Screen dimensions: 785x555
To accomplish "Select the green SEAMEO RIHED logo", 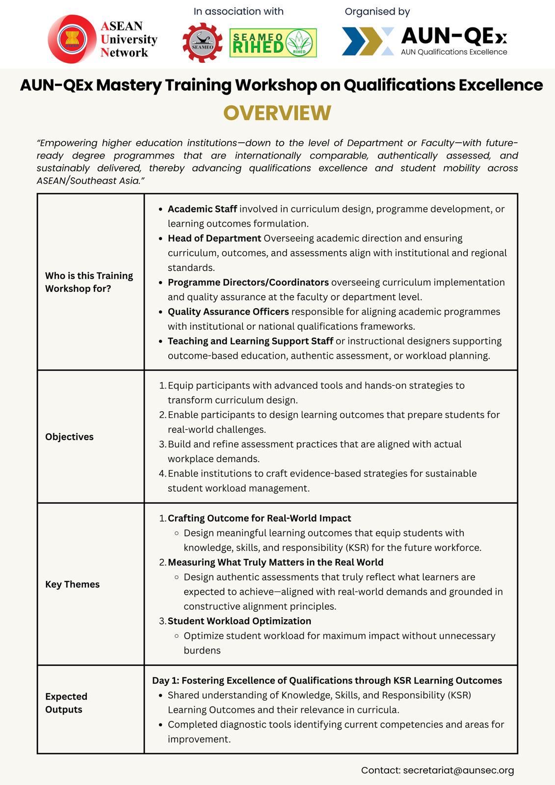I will click(273, 43).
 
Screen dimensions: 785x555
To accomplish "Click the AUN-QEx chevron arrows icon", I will click(368, 41).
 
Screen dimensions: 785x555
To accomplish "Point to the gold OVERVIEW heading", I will click(277, 113).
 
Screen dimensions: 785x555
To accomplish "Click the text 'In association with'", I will click(238, 11).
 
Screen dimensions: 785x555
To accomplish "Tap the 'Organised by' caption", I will click(377, 11).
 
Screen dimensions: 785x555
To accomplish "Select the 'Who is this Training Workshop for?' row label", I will click(89, 282).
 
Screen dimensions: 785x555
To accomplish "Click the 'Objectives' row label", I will click(69, 437).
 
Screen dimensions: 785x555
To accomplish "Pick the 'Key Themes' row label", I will click(72, 584).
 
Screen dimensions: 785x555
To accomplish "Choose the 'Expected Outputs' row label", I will click(66, 703).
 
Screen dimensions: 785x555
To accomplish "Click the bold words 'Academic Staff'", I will click(202, 209).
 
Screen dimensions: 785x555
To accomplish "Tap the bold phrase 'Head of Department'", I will click(214, 238).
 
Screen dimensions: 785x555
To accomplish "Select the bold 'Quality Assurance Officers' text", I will click(228, 312).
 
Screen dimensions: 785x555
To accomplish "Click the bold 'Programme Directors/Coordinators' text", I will click(248, 283).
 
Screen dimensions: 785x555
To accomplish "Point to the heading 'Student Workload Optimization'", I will click(239, 621).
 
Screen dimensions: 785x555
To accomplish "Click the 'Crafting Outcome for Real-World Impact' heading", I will click(259, 519).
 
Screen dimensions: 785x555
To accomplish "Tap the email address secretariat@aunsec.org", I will click(458, 770).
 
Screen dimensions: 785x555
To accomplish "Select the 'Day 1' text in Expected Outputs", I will click(165, 680).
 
